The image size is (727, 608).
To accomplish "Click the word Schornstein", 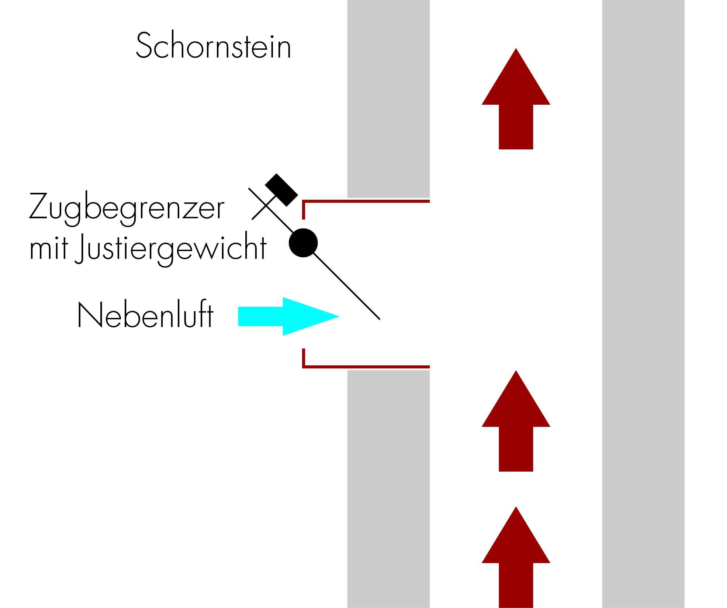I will [x=214, y=46].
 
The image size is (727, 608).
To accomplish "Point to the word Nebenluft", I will [x=145, y=315].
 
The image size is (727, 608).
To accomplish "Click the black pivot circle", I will [x=303, y=243].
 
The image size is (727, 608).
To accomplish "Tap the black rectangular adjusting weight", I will [x=281, y=190].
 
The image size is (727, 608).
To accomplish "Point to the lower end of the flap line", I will [x=379, y=318].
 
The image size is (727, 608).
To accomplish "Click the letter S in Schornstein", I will [x=144, y=46].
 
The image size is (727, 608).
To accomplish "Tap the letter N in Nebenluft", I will [x=90, y=315].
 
